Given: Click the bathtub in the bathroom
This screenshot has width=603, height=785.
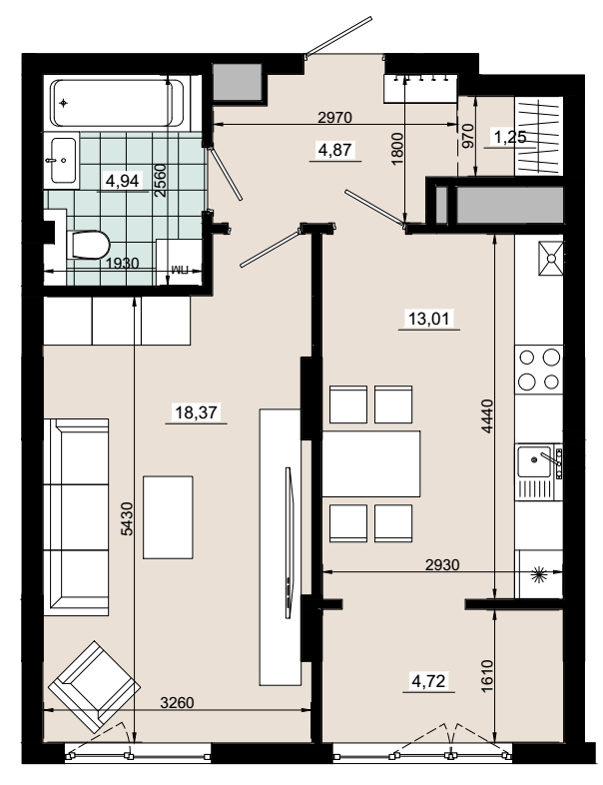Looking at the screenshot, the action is point(118,103).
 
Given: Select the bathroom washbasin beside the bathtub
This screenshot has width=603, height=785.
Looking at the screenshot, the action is point(63,160).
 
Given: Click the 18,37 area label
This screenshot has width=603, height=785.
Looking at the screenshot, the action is point(196,412).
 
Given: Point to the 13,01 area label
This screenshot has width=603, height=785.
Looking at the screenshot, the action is point(429,319).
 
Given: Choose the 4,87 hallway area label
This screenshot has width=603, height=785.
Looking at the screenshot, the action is point(335,149).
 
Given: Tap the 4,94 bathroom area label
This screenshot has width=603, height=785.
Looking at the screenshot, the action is point(122,180).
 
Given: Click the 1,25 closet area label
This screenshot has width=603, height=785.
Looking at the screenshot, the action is point(510,137).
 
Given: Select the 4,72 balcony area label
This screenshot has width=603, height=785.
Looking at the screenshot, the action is point(428,681).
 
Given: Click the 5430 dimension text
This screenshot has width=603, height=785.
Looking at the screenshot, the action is point(128,518).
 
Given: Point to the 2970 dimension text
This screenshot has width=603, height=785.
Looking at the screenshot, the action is point(335,117).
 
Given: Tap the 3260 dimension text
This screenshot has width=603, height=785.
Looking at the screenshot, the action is point(177,703).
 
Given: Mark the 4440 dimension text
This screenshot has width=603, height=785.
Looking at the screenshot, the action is point(487,416).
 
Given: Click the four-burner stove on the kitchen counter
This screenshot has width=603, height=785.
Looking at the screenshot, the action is point(539,370).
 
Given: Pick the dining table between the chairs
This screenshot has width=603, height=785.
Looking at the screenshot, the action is point(370,463).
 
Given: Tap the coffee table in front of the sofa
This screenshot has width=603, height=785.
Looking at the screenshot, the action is point(168,517).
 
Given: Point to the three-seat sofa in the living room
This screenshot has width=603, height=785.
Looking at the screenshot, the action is point(76,517).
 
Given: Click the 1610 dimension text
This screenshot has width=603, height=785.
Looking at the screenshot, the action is point(487,676).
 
